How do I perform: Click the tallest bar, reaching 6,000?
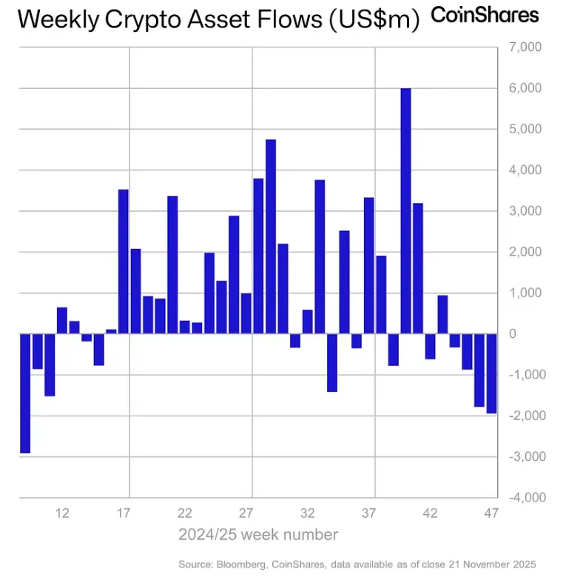(x=405, y=211)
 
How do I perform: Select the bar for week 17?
(x=124, y=261)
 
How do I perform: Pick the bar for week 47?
(x=491, y=373)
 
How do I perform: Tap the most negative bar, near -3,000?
(x=25, y=393)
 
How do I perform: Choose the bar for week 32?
(x=308, y=321)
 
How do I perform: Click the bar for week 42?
(x=430, y=346)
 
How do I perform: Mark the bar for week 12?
(x=62, y=321)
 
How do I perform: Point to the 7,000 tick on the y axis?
(x=527, y=47)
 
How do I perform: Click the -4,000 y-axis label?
(x=525, y=497)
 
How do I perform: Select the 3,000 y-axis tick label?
(x=527, y=211)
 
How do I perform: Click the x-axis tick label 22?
(x=185, y=513)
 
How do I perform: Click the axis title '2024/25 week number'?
(x=258, y=535)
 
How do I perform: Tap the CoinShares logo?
(x=485, y=15)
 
